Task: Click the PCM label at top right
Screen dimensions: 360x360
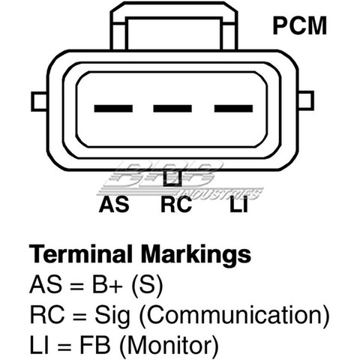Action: pyautogui.click(x=300, y=25)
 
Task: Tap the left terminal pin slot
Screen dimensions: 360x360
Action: pyautogui.click(x=113, y=109)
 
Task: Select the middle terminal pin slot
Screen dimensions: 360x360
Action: pyautogui.click(x=172, y=109)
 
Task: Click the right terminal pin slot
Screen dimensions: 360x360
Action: pyautogui.click(x=233, y=109)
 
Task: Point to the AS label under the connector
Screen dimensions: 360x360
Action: pyautogui.click(x=114, y=205)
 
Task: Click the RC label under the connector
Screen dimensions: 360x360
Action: pyautogui.click(x=176, y=205)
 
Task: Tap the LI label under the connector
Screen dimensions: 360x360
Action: pyautogui.click(x=238, y=205)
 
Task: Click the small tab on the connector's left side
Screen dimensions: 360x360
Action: pyautogui.click(x=39, y=101)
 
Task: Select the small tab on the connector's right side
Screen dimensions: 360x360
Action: pyautogui.click(x=306, y=100)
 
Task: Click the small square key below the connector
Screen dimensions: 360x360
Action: pyautogui.click(x=172, y=178)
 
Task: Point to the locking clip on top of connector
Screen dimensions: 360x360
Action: pyautogui.click(x=174, y=26)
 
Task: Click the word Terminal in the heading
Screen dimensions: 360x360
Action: pyautogui.click(x=80, y=254)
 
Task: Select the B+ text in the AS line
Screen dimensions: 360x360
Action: pyautogui.click(x=107, y=284)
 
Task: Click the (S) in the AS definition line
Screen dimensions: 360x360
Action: pyautogui.click(x=147, y=286)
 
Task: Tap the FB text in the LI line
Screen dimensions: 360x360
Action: pyautogui.click(x=94, y=345)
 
